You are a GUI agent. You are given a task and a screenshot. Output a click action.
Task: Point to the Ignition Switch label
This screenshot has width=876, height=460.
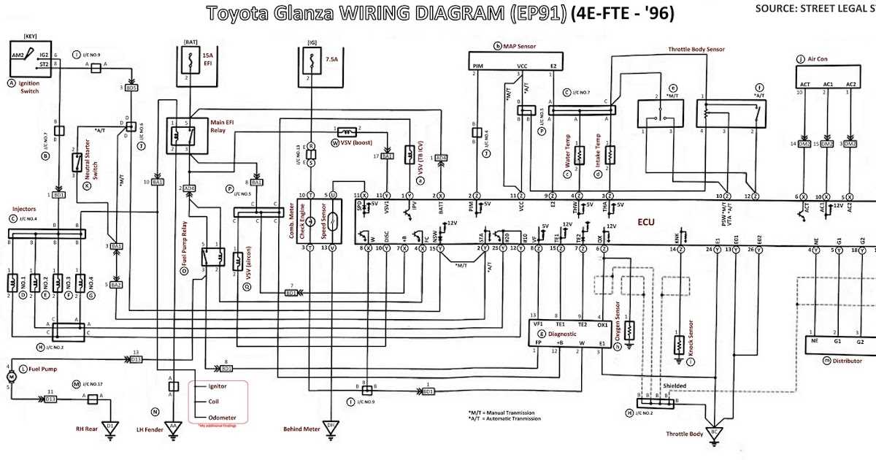(24, 88)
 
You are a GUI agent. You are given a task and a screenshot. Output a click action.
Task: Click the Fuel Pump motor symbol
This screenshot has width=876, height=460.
(10, 375)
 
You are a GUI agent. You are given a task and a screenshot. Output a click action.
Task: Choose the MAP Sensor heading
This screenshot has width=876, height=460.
(520, 46)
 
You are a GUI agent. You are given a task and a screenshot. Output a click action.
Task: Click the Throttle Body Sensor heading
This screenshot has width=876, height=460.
(696, 50)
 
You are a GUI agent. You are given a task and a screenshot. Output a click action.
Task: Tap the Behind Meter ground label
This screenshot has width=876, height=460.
(301, 429)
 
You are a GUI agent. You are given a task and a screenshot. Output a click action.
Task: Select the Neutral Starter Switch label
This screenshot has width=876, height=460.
(91, 167)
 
